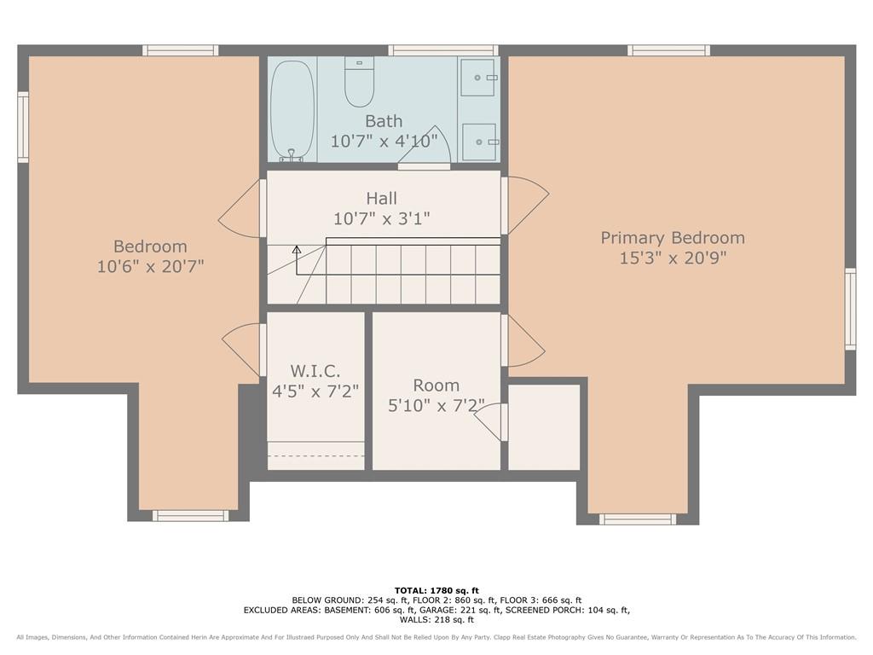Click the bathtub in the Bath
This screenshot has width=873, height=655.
click(x=292, y=111)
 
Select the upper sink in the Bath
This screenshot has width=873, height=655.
click(x=478, y=78)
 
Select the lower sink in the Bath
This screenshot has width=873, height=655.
click(x=479, y=142)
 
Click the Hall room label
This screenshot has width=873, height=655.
click(x=382, y=198)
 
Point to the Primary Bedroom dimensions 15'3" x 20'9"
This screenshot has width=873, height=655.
click(x=674, y=258)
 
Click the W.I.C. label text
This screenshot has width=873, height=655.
click(x=315, y=371)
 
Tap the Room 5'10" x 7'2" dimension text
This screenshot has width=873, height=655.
click(x=436, y=405)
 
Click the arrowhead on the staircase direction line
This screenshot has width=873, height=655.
click(x=297, y=250)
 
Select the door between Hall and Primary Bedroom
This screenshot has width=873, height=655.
click(x=525, y=206)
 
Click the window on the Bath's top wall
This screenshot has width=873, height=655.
click(x=443, y=50)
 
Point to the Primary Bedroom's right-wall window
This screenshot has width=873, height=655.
click(x=850, y=309)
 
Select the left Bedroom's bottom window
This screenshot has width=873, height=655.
click(x=190, y=516)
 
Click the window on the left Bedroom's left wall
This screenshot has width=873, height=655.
click(x=23, y=128)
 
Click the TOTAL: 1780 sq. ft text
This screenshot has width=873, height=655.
click(x=436, y=590)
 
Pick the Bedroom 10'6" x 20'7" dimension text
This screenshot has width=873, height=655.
click(x=150, y=266)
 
